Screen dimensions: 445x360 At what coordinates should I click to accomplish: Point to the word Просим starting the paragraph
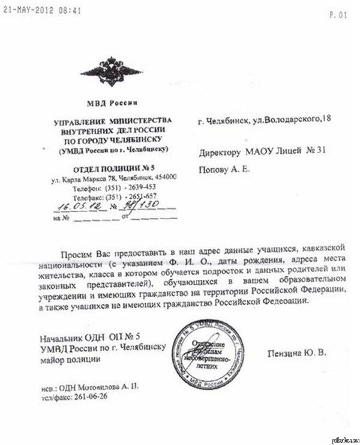click(76, 249)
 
